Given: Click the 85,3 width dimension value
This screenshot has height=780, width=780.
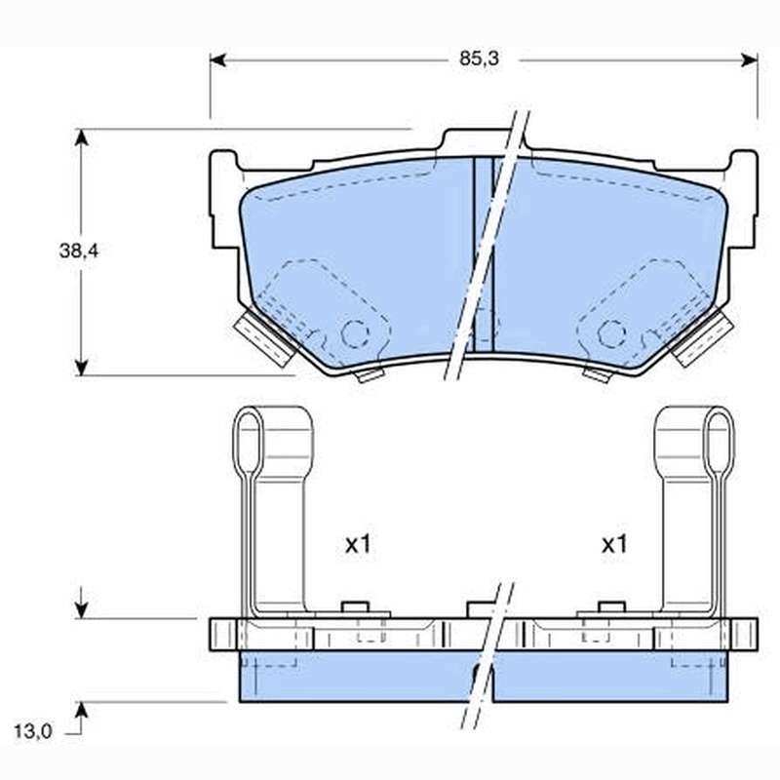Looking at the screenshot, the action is click(x=479, y=58).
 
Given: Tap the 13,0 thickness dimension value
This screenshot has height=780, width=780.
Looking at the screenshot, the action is click(x=33, y=731).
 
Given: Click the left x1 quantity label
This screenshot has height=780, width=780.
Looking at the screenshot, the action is click(x=358, y=545).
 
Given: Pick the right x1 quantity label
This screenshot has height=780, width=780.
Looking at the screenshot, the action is click(x=614, y=545).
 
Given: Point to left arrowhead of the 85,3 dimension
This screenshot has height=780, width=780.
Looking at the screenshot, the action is click(x=217, y=60).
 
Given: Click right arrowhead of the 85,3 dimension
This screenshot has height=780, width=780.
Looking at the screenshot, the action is click(x=749, y=60).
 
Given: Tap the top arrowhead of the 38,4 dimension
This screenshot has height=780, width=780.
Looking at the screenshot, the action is click(x=81, y=137).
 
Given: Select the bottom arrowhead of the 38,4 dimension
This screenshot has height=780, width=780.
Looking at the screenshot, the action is click(x=81, y=368).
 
